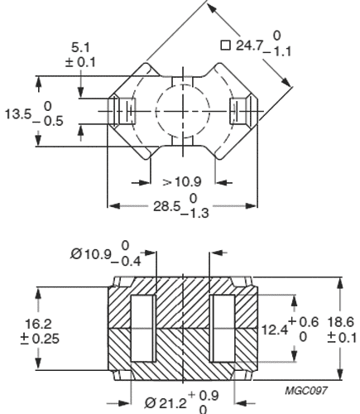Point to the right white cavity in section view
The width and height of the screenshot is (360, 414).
click(223, 329)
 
